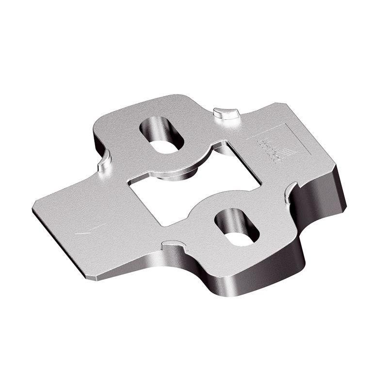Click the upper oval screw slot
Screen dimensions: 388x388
[162, 134]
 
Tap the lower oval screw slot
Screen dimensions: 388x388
[237, 226]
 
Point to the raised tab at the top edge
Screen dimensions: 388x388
[226, 113]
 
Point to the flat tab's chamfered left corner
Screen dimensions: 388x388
[34, 206]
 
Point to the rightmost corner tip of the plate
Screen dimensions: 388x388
[345, 206]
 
